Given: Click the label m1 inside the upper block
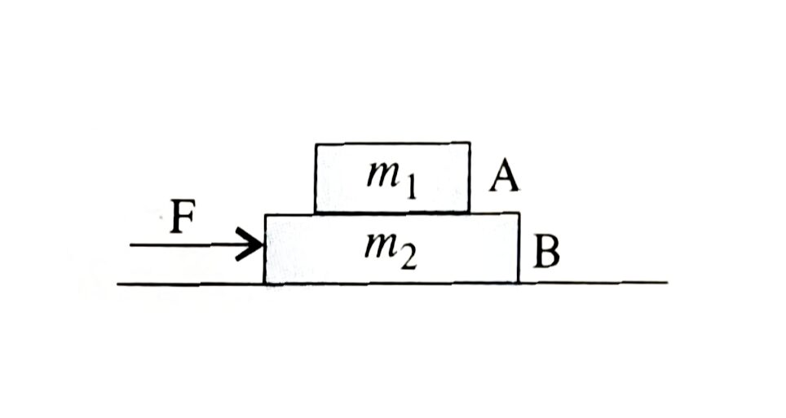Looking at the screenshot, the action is pyautogui.click(x=391, y=180).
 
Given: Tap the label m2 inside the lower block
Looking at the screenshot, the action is pyautogui.click(x=391, y=252).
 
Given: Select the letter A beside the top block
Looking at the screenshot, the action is pyautogui.click(x=504, y=178).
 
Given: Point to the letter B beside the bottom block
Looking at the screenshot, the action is pyautogui.click(x=546, y=251).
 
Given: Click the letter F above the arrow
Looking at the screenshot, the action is pyautogui.click(x=183, y=217).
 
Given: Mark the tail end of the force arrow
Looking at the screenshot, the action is pyautogui.click(x=130, y=245).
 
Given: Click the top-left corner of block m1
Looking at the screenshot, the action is pyautogui.click(x=316, y=144).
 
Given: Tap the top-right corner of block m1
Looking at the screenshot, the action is pyautogui.click(x=470, y=143).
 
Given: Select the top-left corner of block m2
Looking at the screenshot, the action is pyautogui.click(x=265, y=215).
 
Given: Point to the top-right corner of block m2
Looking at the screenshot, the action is pyautogui.click(x=519, y=213).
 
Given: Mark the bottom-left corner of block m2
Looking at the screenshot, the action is pyautogui.click(x=265, y=284).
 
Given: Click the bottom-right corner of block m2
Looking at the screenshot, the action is pyautogui.click(x=519, y=283).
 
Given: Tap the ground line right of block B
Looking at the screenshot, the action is pyautogui.click(x=593, y=283).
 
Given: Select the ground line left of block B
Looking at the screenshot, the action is pyautogui.click(x=191, y=284).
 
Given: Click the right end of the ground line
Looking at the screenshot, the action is pyautogui.click(x=667, y=283).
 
